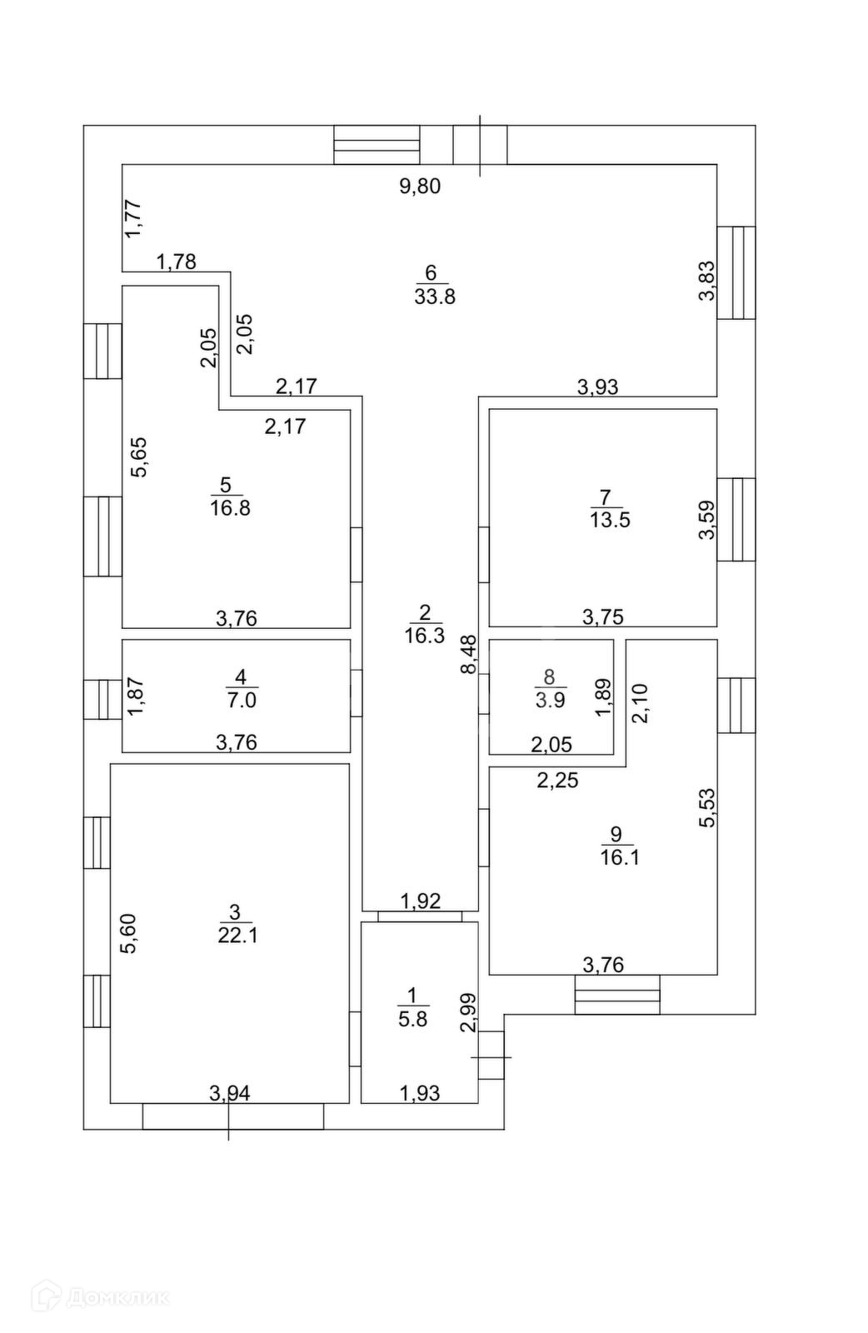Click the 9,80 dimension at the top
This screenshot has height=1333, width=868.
[420, 186]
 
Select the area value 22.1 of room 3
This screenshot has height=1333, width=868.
[238, 936]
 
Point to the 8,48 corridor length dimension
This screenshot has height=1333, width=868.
[470, 654]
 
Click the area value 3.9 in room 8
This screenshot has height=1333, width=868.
[550, 700]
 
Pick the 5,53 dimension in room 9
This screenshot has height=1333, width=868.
[707, 807]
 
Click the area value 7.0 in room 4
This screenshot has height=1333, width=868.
[241, 700]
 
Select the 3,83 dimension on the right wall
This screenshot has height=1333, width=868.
[706, 281]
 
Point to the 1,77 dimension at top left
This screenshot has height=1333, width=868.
[134, 219]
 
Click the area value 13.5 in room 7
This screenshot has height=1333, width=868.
[610, 521]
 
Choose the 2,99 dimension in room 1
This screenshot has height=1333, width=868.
[469, 1012]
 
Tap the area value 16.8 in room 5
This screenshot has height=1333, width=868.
[230, 508]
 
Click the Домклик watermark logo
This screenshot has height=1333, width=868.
[100, 1297]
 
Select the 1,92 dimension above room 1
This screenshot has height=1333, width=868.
[421, 901]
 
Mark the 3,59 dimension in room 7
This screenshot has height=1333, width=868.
[706, 519]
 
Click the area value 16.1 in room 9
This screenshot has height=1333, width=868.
[620, 857]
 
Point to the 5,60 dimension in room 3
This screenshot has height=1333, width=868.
[127, 934]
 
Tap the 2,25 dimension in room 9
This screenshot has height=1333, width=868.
[557, 781]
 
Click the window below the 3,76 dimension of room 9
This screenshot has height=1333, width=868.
[617, 995]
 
